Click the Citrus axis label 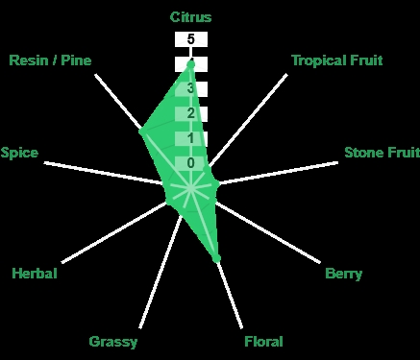coord(190,17)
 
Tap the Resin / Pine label coord(50,60)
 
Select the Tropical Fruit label coord(337,60)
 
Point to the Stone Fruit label coord(382,153)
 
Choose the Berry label coord(343,274)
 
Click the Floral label coord(263,342)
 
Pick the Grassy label coord(113,342)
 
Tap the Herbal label coord(35,274)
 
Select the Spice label coord(19,153)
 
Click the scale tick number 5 coord(191,39)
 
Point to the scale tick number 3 coord(190,88)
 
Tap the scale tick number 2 coord(191,113)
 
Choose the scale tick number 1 coord(191,138)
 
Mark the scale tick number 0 coord(191,163)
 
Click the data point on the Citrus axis coord(191,64)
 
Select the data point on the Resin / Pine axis coord(142,132)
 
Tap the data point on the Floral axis coord(217,258)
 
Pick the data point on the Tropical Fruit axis coord(208,169)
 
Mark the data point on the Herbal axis coord(168,202)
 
